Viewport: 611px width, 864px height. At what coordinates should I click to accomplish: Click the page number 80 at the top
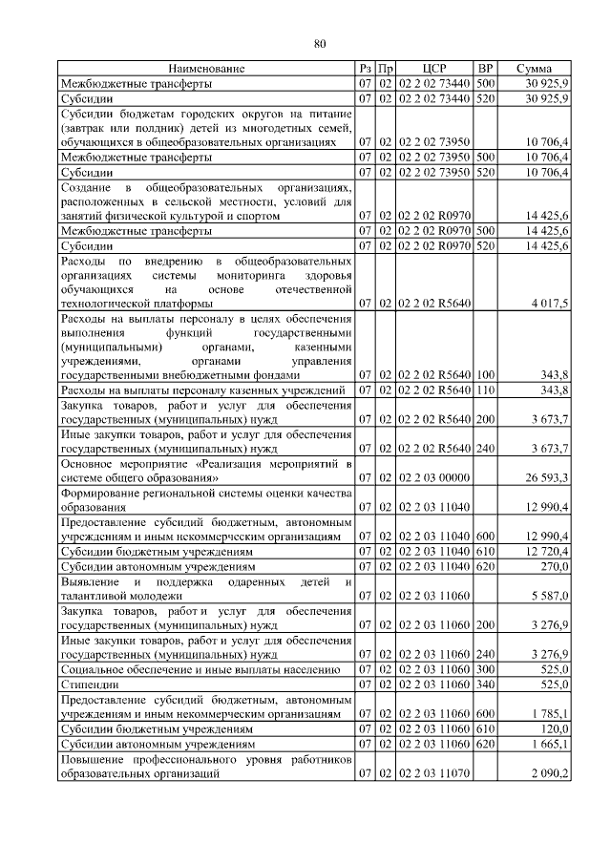click(320, 43)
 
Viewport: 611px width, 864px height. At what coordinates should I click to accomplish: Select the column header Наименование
click(207, 69)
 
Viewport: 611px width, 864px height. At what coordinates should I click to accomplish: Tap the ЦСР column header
click(435, 69)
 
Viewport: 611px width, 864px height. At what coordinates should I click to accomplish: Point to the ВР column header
click(485, 69)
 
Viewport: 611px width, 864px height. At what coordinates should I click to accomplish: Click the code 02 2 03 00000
click(434, 476)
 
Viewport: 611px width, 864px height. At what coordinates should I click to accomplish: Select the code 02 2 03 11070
click(434, 773)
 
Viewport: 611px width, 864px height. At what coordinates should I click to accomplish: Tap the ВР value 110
click(485, 390)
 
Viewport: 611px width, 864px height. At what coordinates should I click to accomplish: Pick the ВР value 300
click(485, 669)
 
